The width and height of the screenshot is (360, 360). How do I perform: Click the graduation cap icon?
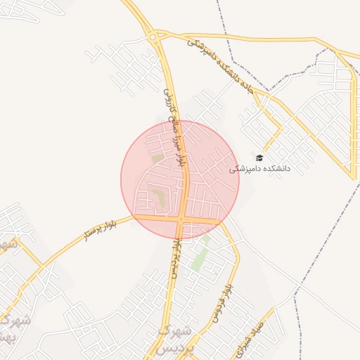pyautogui.click(x=259, y=158)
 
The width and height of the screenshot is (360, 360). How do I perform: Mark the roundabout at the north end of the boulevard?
pyautogui.click(x=153, y=37)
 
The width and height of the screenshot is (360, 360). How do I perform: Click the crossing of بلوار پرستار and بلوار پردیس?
pyautogui.click(x=181, y=220)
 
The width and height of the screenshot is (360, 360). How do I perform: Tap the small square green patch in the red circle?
pyautogui.click(x=157, y=158)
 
